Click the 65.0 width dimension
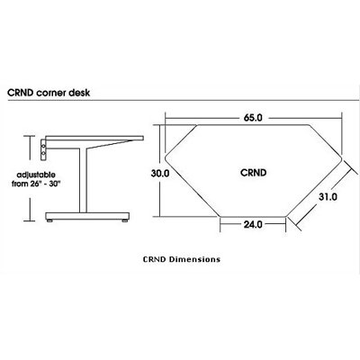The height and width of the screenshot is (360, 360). pyautogui.click(x=253, y=118)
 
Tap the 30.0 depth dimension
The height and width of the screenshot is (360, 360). pyautogui.click(x=160, y=174)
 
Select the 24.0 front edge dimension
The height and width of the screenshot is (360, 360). pyautogui.click(x=253, y=224)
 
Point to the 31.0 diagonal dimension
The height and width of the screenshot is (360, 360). pyautogui.click(x=328, y=197)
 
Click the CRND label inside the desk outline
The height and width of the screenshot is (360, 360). pyautogui.click(x=253, y=173)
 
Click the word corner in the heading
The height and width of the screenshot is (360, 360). pyautogui.click(x=50, y=93)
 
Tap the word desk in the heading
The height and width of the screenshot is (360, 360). pyautogui.click(x=79, y=93)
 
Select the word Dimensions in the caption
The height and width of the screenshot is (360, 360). pyautogui.click(x=194, y=259)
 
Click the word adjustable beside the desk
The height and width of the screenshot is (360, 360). pyautogui.click(x=36, y=175)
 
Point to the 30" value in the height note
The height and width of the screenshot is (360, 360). pyautogui.click(x=56, y=184)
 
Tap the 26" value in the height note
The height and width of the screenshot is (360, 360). pyautogui.click(x=35, y=184)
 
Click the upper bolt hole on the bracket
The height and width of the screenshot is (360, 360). pyautogui.click(x=43, y=146)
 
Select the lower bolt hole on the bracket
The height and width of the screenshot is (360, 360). pyautogui.click(x=43, y=154)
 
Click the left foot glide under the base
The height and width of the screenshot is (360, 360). pyautogui.click(x=49, y=220)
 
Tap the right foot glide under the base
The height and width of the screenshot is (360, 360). pyautogui.click(x=124, y=220)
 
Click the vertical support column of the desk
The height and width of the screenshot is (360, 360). pyautogui.click(x=84, y=180)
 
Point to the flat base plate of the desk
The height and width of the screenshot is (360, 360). pyautogui.click(x=87, y=216)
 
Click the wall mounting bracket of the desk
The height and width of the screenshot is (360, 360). pyautogui.click(x=43, y=149)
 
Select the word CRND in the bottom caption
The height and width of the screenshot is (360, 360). pyautogui.click(x=155, y=259)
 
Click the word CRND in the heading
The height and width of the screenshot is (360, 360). pyautogui.click(x=20, y=93)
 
